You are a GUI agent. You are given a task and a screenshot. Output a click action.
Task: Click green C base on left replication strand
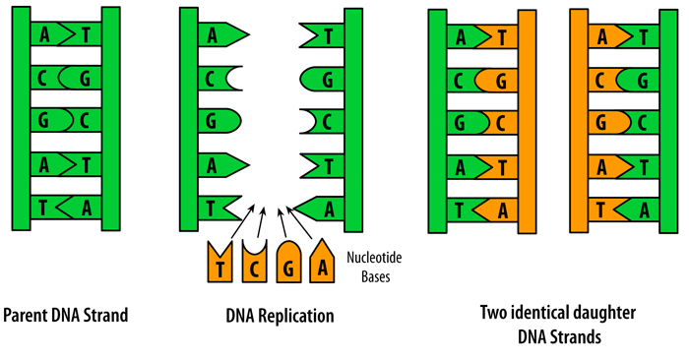[x=215, y=78]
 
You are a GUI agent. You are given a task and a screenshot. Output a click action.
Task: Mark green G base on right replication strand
[x=323, y=78]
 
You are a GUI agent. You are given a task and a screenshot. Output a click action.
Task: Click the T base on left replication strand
[x=215, y=208]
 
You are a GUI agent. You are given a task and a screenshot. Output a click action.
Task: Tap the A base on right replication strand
[x=323, y=208]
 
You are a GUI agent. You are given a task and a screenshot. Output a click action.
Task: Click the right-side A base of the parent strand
[x=87, y=208]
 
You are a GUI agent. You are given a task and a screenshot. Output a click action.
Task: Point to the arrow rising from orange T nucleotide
[x=240, y=221]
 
